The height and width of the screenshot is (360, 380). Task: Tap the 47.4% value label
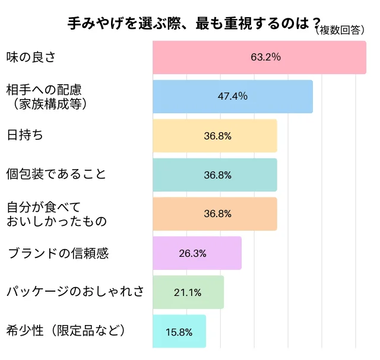[x=233, y=96]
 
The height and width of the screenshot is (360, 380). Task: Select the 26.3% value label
[x=192, y=253]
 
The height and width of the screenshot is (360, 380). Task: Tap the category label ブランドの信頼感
[x=58, y=253]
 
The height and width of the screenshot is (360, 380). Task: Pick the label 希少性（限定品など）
[x=66, y=331]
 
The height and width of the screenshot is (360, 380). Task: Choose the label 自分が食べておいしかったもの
[x=56, y=214]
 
